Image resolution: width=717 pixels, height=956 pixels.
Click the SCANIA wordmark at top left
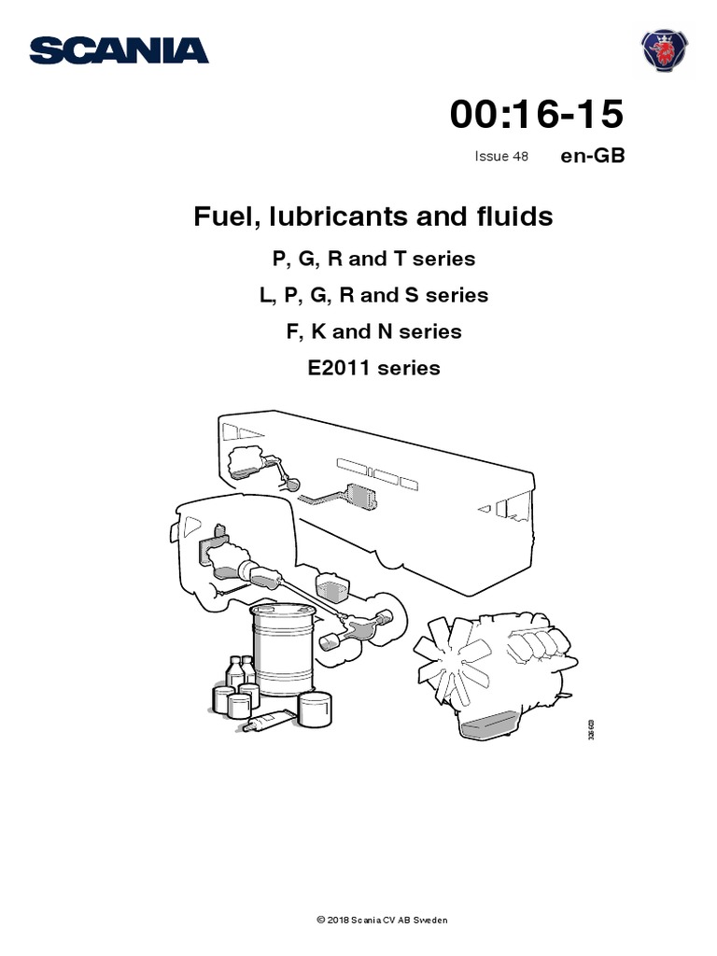119,50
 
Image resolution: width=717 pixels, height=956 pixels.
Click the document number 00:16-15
536,115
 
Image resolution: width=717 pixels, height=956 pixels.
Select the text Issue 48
501,156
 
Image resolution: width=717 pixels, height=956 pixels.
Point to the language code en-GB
592,156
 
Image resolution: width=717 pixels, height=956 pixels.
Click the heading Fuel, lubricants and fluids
373,217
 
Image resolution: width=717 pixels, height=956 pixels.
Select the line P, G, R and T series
373,259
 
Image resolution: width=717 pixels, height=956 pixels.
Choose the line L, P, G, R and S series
373,295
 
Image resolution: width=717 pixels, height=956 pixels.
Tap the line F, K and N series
373,331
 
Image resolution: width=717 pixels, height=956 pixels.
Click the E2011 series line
373,368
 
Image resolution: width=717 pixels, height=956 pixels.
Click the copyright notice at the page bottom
382,921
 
